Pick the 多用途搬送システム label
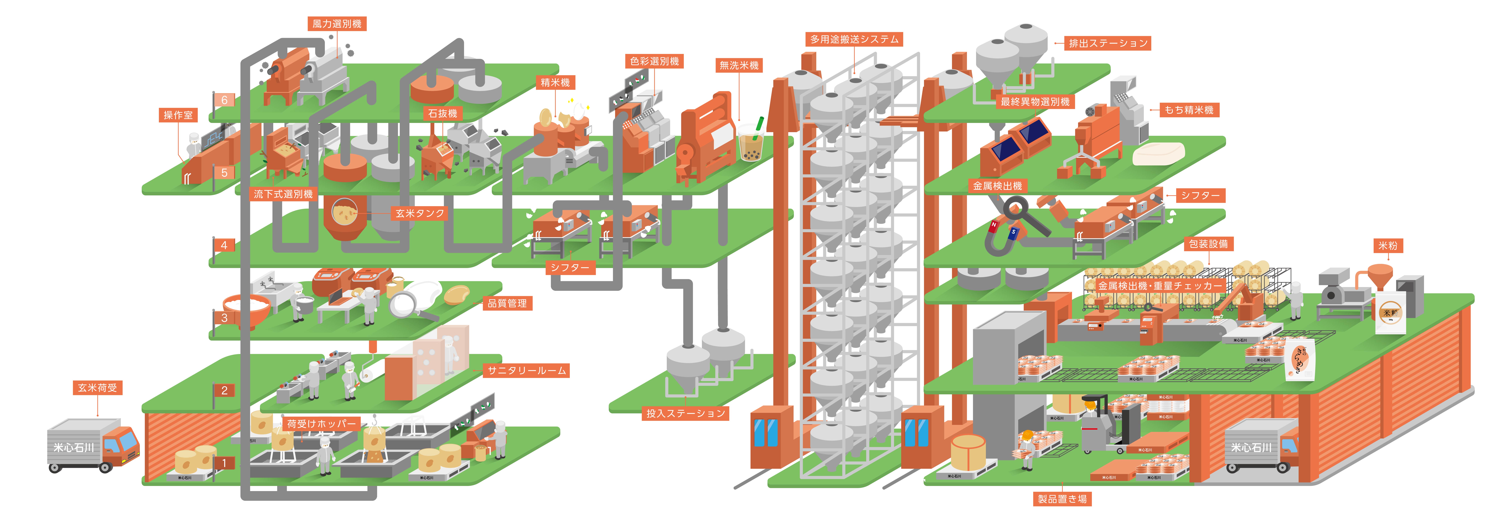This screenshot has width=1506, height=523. tap(854, 39)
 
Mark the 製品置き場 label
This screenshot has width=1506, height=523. tap(1062, 499)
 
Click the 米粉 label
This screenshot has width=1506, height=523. tap(1387, 245)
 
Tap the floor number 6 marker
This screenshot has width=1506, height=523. tap(224, 100)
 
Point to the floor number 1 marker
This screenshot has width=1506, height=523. tap(224, 463)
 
